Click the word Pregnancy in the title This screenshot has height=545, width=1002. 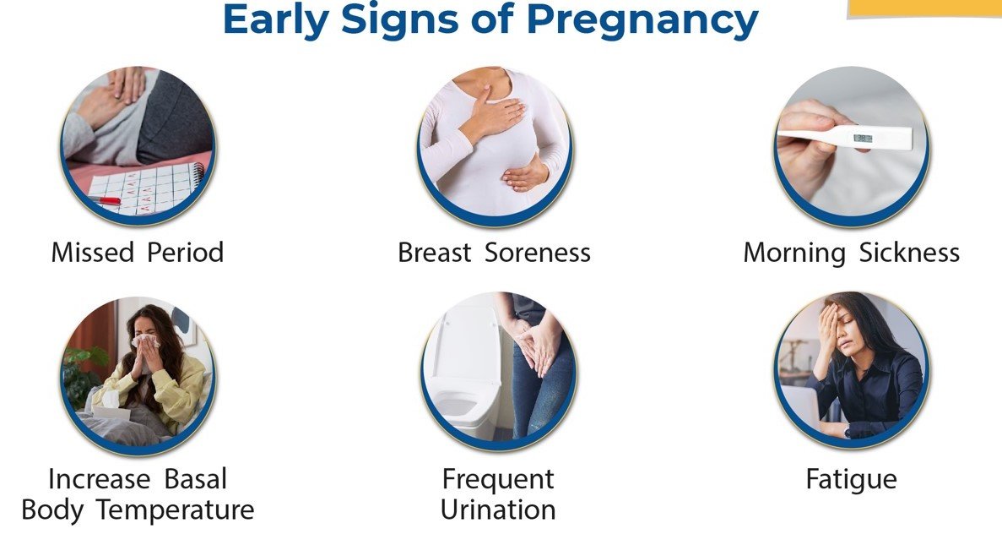(642, 22)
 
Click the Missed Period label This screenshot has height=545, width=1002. (138, 252)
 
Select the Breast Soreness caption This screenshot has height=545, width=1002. (494, 252)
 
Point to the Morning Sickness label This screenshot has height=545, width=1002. (851, 253)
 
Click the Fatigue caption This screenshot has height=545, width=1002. (851, 479)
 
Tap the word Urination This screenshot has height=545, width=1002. (498, 510)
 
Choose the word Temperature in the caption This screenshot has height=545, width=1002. (175, 510)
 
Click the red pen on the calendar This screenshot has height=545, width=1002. (106, 200)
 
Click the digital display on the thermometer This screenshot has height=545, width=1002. (863, 139)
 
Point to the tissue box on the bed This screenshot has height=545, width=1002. (110, 406)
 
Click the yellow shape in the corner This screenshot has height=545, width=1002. (924, 8)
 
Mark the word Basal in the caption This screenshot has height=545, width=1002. (196, 479)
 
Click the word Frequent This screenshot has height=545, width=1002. (498, 479)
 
